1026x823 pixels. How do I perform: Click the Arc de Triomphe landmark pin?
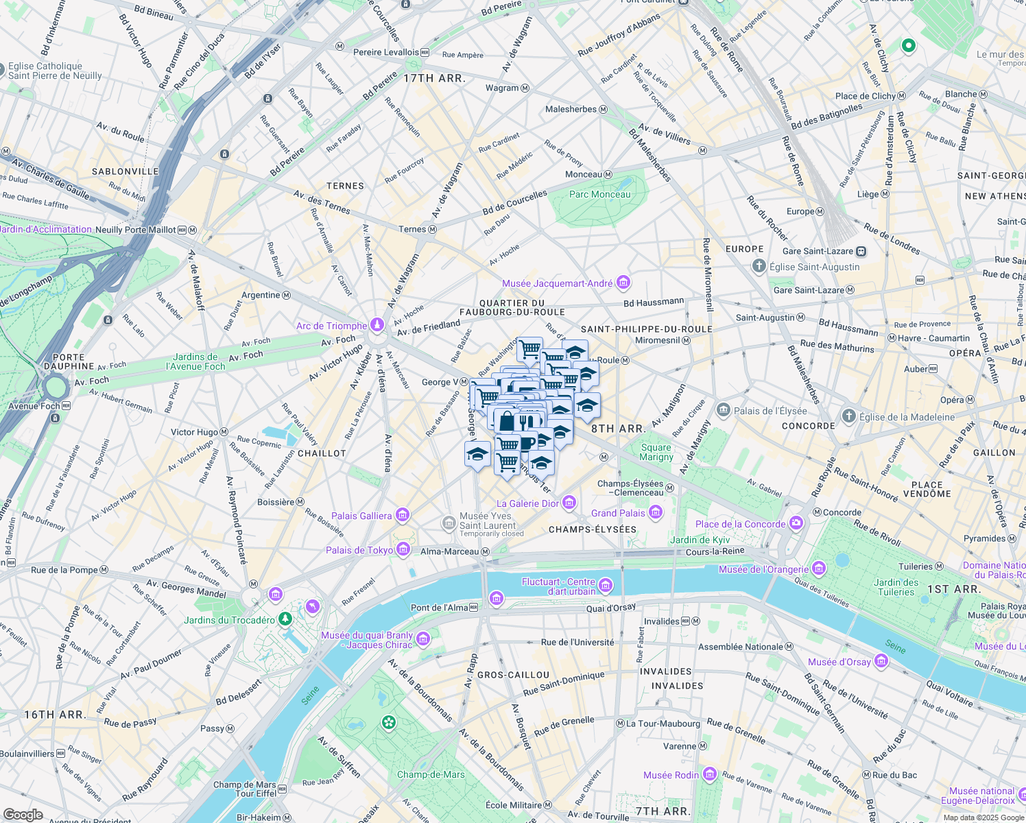377,325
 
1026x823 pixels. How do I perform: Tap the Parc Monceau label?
599,194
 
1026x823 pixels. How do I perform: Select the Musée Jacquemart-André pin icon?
623,283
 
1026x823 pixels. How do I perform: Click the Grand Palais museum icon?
656,512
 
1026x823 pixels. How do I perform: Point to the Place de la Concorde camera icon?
796,523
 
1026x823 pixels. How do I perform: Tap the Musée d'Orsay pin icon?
881,661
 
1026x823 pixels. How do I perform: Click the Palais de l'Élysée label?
770,411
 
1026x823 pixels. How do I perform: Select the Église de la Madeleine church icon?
848,416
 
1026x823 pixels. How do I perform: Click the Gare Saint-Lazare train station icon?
861,251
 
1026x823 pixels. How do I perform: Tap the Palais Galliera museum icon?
403,515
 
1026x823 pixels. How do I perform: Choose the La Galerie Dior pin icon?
569,503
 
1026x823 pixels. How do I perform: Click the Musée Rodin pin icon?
709,774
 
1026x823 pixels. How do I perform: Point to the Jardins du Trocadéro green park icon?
285,619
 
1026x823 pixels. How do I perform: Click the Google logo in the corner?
23,814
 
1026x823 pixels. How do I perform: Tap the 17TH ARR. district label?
434,78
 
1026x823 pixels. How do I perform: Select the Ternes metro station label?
412,229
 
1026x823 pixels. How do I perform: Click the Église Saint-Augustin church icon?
759,266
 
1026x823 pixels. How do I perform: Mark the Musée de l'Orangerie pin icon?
818,569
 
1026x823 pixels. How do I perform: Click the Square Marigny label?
656,452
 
